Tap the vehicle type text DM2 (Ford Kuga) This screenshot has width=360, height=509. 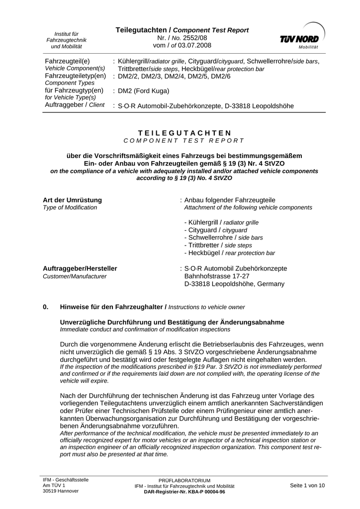pos(144,91)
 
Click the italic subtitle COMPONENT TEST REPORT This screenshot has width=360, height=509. pos(184,141)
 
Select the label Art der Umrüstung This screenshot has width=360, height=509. pos(73,200)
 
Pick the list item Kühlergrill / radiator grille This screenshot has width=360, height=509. pos(221,222)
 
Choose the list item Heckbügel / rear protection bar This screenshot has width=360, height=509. pos(229,253)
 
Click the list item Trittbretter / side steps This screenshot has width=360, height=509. pos(218,245)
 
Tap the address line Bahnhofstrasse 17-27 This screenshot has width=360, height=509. pos(217,276)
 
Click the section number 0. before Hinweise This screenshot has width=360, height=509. pos(46,307)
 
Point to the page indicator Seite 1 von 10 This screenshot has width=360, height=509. pos(307,485)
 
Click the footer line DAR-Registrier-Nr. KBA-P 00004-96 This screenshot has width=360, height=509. pos(184,491)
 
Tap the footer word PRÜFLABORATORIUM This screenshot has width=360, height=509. pos(184,481)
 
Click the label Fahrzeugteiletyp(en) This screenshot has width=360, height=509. pos(76,76)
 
